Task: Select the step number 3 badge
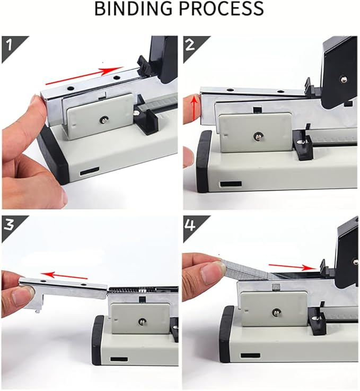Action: (8, 223)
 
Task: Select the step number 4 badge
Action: (191, 223)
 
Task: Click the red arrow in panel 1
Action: (85, 76)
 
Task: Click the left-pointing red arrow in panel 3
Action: (64, 275)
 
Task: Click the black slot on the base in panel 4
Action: (250, 355)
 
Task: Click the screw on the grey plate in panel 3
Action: (143, 321)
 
